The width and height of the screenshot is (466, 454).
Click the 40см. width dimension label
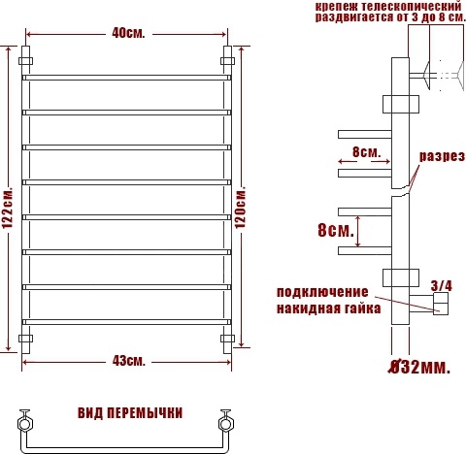click(x=128, y=33)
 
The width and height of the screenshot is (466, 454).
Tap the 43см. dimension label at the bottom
click(x=129, y=361)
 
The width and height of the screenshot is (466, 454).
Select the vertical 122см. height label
click(x=7, y=208)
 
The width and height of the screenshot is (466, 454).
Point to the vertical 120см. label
click(x=241, y=207)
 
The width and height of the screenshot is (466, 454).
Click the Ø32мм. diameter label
click(x=419, y=367)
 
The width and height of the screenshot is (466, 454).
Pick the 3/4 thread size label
click(x=441, y=285)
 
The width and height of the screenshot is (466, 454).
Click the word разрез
click(x=442, y=156)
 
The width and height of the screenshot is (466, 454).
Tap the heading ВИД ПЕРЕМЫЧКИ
click(x=130, y=413)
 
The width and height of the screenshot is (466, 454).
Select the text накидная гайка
click(x=328, y=308)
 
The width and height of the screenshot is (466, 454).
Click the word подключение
click(x=322, y=292)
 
